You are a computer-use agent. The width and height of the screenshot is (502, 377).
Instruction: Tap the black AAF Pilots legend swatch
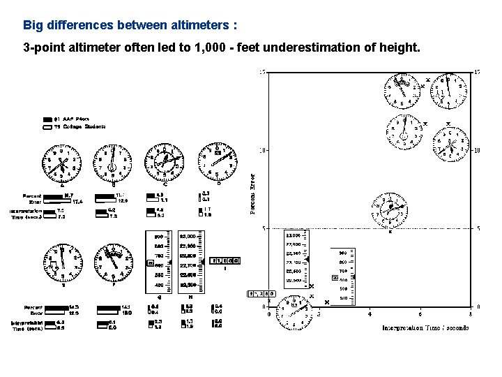point(47,119)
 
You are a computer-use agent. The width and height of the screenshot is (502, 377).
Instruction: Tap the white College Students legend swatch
point(47,127)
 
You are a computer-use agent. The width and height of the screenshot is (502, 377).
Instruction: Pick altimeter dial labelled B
point(113,165)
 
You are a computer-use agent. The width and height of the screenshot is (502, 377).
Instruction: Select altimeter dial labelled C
point(162,165)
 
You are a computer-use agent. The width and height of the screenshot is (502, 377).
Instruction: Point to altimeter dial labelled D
point(217,162)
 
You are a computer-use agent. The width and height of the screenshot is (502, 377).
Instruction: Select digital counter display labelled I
point(225,260)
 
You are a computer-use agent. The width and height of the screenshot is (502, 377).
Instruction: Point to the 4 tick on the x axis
point(370,313)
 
